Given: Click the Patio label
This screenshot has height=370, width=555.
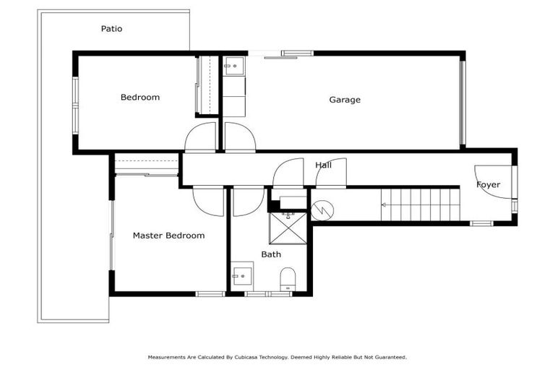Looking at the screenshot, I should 111,29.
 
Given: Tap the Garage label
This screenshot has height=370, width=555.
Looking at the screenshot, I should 345,100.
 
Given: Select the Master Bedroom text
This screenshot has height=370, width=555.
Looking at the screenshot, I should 168,236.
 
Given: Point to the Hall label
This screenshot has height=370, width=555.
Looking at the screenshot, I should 323,165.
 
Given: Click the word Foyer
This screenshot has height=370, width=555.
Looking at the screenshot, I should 488,185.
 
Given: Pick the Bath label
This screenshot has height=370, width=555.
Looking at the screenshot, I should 271,254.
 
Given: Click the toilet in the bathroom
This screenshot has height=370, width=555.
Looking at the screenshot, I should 287,278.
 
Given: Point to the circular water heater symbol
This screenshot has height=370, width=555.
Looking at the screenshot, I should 322,210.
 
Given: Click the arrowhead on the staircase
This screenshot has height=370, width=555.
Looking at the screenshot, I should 383,205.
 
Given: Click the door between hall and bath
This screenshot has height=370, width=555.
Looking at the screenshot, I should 248,200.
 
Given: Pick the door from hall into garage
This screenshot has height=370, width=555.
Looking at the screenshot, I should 239,137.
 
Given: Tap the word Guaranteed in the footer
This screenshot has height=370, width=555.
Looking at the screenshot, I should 390,357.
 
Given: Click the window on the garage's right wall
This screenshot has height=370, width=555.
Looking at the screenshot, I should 462,101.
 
